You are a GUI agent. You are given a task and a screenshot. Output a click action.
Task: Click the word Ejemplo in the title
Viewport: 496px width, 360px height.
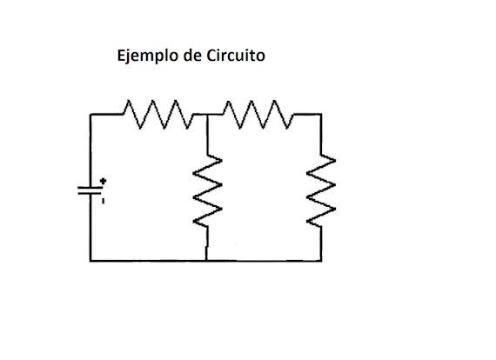pyautogui.click(x=145, y=57)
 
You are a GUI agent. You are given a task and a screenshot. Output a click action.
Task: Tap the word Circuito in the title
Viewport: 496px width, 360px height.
pyautogui.click(x=236, y=57)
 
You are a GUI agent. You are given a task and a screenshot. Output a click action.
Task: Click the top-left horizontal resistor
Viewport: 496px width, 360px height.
pyautogui.click(x=157, y=113)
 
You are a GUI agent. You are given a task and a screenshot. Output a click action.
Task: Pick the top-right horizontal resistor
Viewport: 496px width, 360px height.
pyautogui.click(x=257, y=113)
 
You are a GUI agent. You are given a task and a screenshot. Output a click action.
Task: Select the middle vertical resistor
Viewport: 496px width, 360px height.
pyautogui.click(x=207, y=189)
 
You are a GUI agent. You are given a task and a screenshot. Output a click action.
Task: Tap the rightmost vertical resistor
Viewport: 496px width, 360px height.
pyautogui.click(x=321, y=187)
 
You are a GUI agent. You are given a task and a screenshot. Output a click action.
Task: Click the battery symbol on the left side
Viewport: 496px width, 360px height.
pyautogui.click(x=90, y=191)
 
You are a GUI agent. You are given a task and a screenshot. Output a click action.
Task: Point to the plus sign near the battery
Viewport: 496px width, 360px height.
pyautogui.click(x=104, y=182)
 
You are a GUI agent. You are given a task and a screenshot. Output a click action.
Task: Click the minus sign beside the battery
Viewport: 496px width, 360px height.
pyautogui.click(x=103, y=202)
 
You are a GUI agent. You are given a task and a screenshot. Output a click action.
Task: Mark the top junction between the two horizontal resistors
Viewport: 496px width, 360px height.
pyautogui.click(x=207, y=115)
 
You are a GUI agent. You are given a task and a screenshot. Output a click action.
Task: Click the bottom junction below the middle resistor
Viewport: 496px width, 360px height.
pyautogui.click(x=207, y=260)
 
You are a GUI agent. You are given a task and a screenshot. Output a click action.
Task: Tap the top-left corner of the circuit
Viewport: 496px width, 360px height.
pyautogui.click(x=90, y=115)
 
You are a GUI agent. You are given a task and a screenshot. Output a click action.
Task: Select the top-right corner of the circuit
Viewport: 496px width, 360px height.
pyautogui.click(x=321, y=115)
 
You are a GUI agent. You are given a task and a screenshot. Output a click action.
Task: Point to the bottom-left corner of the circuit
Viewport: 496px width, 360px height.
pyautogui.click(x=90, y=260)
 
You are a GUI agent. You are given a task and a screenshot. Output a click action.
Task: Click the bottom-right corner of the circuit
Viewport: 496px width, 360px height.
pyautogui.click(x=321, y=260)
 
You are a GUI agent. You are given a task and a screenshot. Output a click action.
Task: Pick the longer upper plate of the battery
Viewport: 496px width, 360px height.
pyautogui.click(x=90, y=187)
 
